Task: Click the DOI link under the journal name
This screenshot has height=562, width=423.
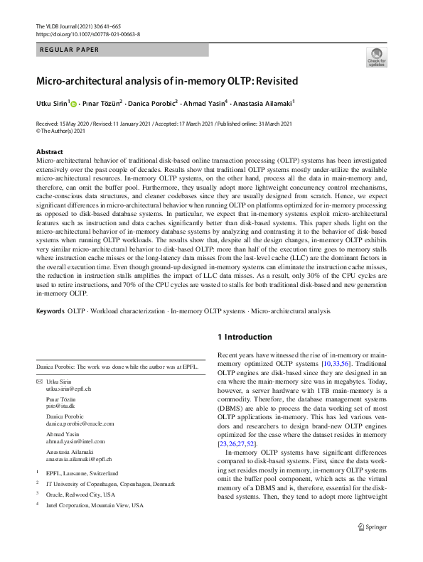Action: (87, 33)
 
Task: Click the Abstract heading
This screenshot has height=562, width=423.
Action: (49, 152)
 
